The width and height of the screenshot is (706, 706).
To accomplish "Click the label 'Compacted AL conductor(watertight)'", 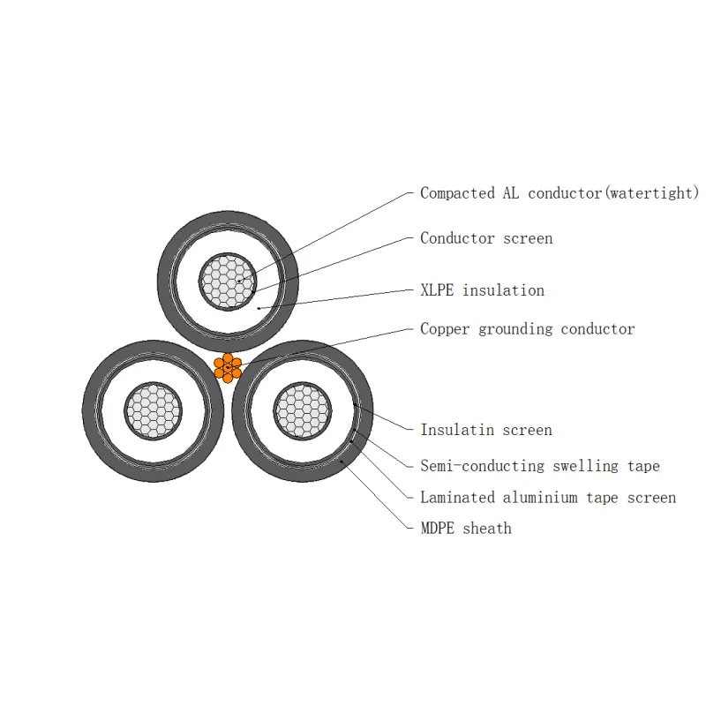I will point(559,192).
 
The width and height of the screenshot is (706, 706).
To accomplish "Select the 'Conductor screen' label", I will point(486,238).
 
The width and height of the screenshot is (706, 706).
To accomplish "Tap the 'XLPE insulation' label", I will point(482,290).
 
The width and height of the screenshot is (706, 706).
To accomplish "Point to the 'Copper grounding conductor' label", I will point(527,329).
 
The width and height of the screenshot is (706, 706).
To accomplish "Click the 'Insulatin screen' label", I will point(486,430).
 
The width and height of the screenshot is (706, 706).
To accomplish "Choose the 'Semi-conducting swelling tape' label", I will point(539,466).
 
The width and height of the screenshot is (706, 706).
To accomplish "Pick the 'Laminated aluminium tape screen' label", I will point(548,498).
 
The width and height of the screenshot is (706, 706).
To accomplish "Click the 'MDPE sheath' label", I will point(465,529).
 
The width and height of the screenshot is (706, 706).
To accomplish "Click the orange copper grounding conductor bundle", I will point(228,367).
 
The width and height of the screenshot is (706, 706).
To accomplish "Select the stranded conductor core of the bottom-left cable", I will point(154,410).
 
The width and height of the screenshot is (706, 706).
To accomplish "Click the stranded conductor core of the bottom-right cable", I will point(303,410).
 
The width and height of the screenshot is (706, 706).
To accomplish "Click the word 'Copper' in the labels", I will point(445,329).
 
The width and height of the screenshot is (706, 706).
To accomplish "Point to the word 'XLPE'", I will point(438,290).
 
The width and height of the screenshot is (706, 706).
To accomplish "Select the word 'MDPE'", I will point(438,529).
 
